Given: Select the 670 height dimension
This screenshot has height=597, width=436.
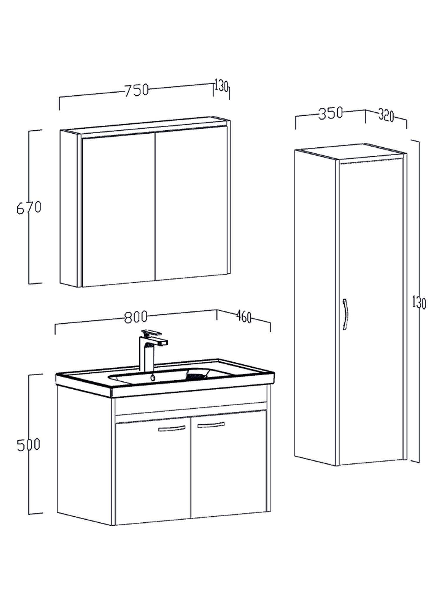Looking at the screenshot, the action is coord(29,208).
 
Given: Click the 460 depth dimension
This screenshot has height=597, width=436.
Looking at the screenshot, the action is coord(244,317).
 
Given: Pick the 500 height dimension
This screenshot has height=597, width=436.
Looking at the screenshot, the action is coord(28,445).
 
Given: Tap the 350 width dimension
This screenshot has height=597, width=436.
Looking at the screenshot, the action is coord(331,113).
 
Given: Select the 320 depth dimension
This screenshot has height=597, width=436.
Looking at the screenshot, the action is coord(386,115).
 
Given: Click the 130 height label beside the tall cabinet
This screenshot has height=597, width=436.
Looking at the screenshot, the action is coord(419,302).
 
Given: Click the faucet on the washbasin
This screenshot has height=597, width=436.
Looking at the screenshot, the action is coord(150,350).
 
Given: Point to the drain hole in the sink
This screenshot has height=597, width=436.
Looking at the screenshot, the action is coord(153,378).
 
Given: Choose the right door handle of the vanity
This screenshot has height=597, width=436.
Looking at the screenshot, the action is coord(211,425).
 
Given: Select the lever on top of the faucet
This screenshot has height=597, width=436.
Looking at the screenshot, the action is coord(151,333).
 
